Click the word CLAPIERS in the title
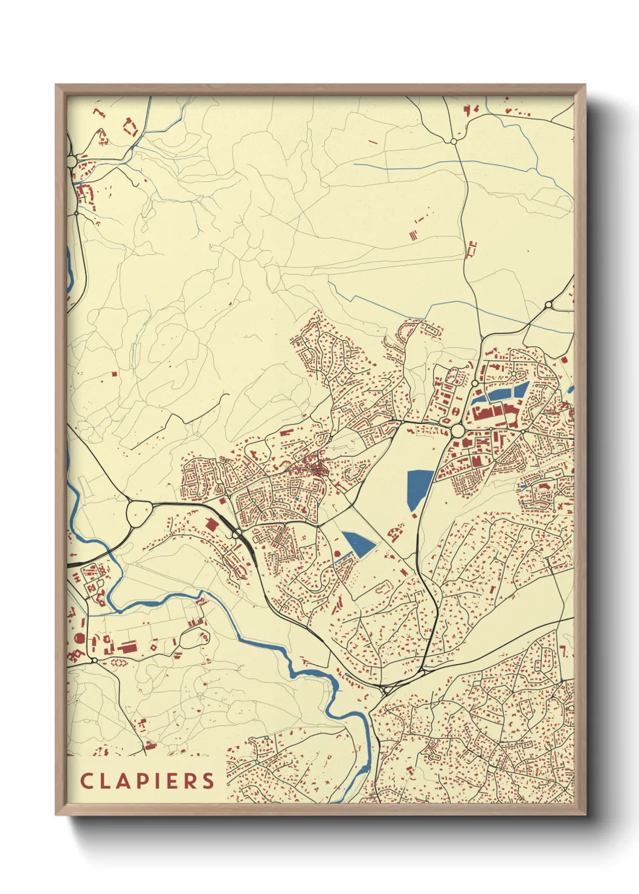click(147, 780)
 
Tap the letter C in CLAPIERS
click(86, 780)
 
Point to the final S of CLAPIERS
click(208, 780)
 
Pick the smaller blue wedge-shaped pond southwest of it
click(359, 544)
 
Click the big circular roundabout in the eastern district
click(457, 430)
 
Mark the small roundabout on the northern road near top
click(453, 141)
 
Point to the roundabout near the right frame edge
click(548, 305)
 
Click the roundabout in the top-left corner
click(72, 161)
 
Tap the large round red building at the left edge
click(79, 638)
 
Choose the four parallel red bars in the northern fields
click(413, 234)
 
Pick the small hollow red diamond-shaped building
click(153, 647)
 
